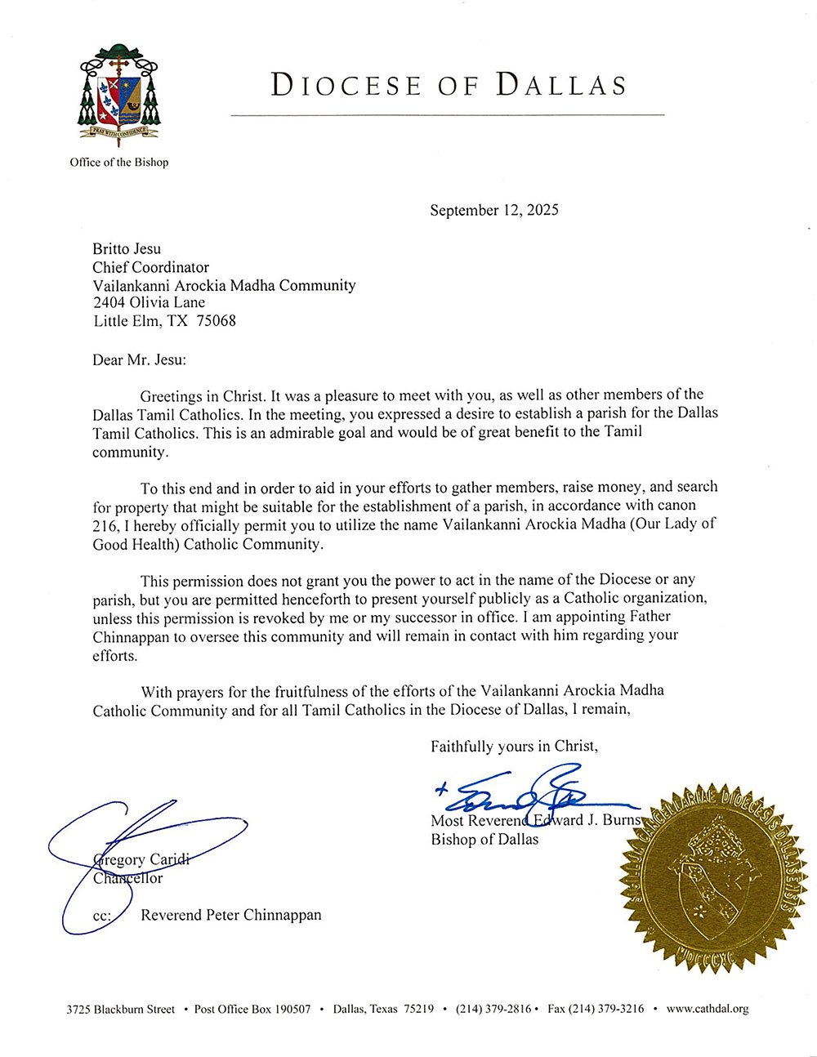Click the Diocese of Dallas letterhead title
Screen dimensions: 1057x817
coord(449,85)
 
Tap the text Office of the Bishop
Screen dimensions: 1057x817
coord(119,163)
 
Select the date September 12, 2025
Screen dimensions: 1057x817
coord(494,210)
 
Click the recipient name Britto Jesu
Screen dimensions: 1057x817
coord(127,249)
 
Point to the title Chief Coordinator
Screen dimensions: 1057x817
coord(150,267)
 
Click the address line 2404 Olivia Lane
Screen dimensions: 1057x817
coord(149,303)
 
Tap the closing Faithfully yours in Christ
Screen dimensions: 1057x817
coord(515,746)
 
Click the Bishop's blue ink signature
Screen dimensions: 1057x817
coord(531,789)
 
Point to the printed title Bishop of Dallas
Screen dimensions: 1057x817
coord(484,839)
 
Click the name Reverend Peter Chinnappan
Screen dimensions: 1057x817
coord(231,915)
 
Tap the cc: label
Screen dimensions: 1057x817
coord(101,916)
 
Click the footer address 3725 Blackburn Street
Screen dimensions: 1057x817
coord(121,1009)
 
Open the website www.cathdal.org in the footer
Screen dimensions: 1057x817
coord(708,1009)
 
